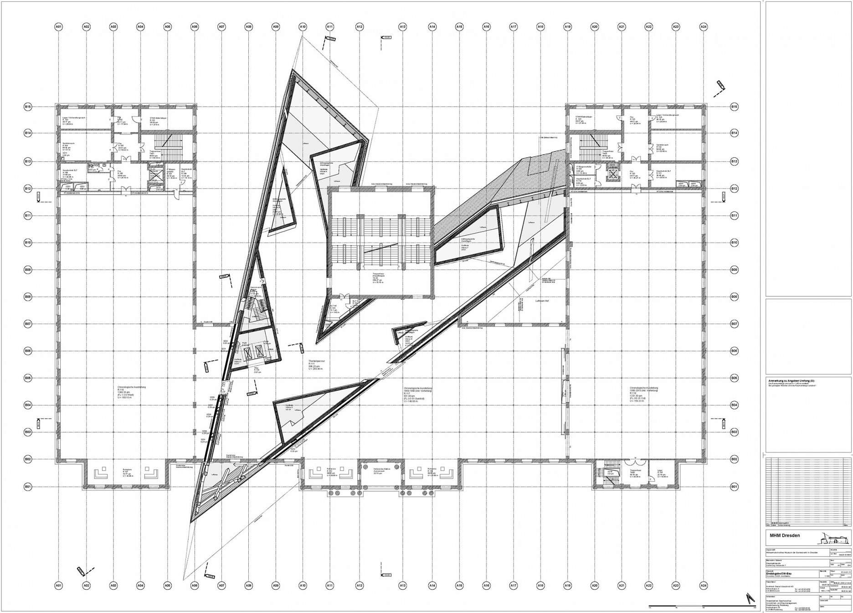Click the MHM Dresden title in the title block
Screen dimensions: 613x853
tap(785, 536)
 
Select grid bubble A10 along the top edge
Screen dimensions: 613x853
tap(303, 27)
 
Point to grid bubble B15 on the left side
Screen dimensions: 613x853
tap(28, 107)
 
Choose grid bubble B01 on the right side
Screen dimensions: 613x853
tap(734, 487)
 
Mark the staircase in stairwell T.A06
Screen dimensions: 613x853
tap(591, 141)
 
